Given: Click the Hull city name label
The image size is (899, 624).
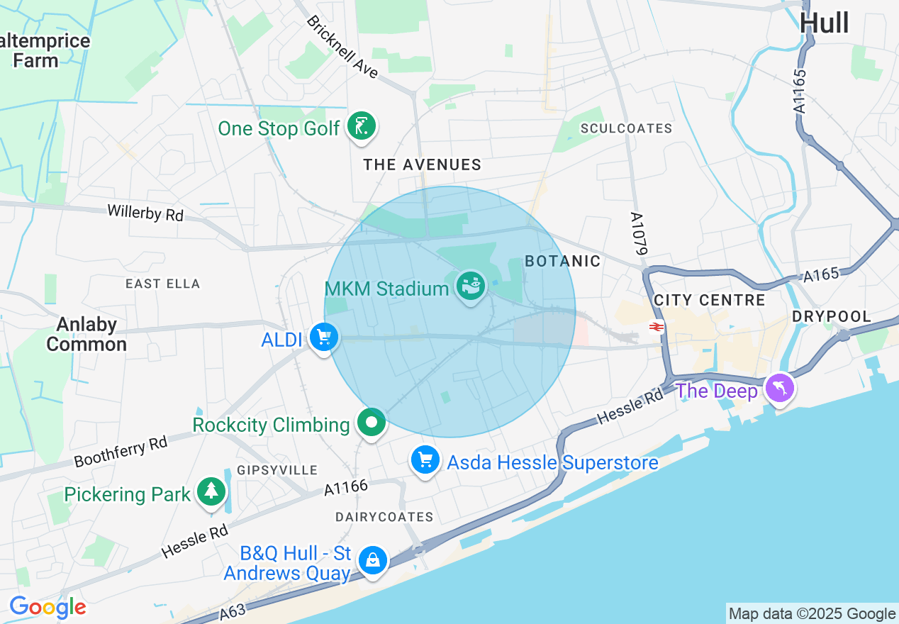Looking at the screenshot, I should pos(824,23).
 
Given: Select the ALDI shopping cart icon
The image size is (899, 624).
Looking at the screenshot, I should pos(324,338).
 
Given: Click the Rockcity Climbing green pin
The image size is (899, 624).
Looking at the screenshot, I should pos(371,423).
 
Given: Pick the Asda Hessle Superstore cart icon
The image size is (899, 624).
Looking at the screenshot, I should pos(425,461).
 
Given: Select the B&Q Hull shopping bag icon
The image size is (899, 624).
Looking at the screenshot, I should pos(372,560).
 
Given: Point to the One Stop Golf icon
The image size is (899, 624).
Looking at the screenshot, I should pos(362,127).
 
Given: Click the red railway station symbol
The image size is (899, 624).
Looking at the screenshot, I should pos(656,326).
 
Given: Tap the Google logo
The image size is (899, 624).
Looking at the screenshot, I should pos(48,607).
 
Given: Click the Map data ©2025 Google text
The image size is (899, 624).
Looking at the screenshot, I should pos(812,614).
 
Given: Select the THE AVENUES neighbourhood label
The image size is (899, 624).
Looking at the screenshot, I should pos(423,165).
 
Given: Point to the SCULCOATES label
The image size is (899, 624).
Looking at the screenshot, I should pos(626,128).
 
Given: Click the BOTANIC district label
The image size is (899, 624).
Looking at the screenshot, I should pos(562,261).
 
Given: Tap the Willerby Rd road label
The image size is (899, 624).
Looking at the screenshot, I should pos(145,213).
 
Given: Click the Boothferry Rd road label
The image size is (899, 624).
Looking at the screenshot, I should pos(121,452).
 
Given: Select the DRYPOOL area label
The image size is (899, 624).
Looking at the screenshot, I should pos(832,316).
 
